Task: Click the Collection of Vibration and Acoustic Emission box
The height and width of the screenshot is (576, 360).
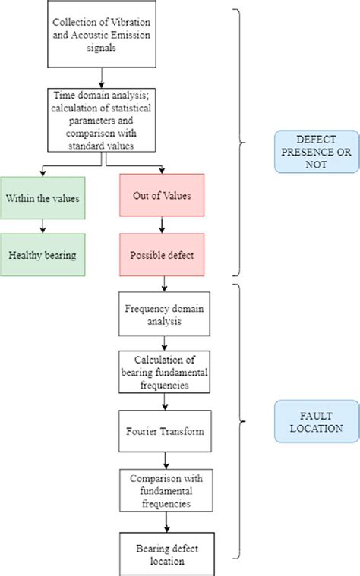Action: (x=103, y=35)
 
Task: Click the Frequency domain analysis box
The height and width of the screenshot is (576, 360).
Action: (x=164, y=314)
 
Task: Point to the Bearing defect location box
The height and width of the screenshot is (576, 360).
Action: (x=164, y=554)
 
